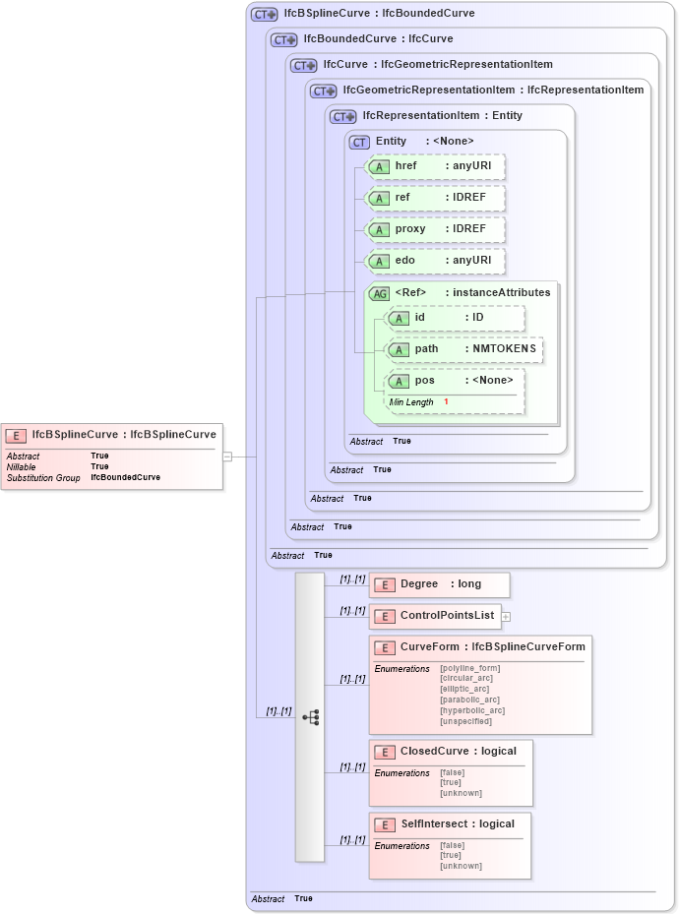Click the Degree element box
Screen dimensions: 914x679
[x=439, y=584]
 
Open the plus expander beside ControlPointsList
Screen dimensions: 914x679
[x=507, y=617]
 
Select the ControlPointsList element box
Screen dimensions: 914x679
[x=435, y=617]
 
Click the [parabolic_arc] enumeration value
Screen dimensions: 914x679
[x=470, y=700]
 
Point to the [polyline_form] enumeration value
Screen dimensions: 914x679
[x=470, y=669]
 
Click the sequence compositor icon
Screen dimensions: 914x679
[x=310, y=718]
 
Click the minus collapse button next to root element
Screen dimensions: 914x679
[x=227, y=457]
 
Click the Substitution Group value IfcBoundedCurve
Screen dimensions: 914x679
[x=125, y=477]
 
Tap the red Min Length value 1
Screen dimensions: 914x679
[x=446, y=402]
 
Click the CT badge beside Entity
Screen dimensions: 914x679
[x=360, y=142]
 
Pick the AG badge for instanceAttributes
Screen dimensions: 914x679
[x=379, y=293]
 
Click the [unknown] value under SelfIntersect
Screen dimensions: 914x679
[x=462, y=866]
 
